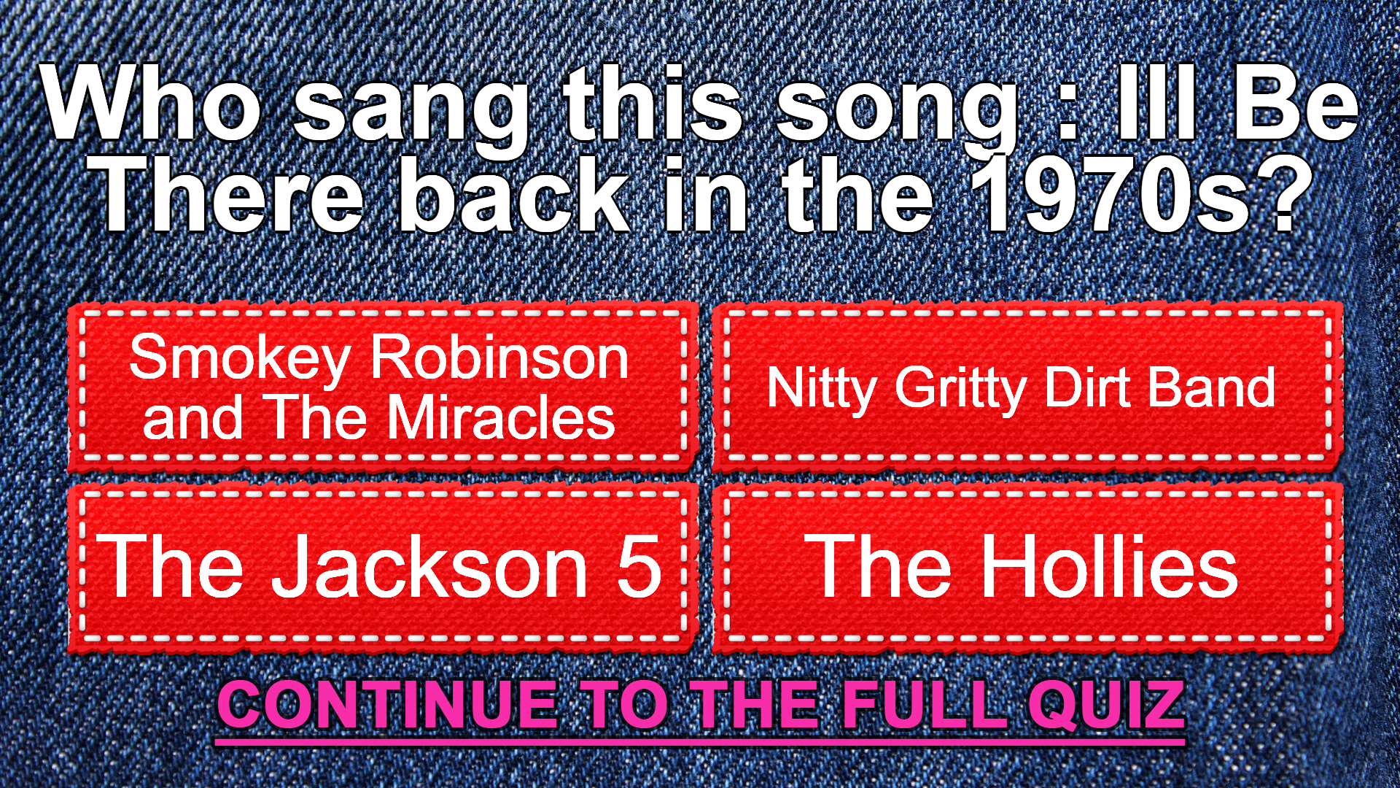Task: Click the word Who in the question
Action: [x=152, y=103]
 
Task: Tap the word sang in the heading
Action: [x=411, y=113]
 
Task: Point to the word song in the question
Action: [x=897, y=113]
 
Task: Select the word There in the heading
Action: [x=229, y=196]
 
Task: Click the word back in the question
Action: [x=514, y=196]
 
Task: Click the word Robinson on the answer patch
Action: [x=499, y=358]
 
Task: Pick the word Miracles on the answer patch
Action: [x=502, y=418]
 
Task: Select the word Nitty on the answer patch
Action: [x=822, y=390]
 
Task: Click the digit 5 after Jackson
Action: [x=639, y=565]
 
